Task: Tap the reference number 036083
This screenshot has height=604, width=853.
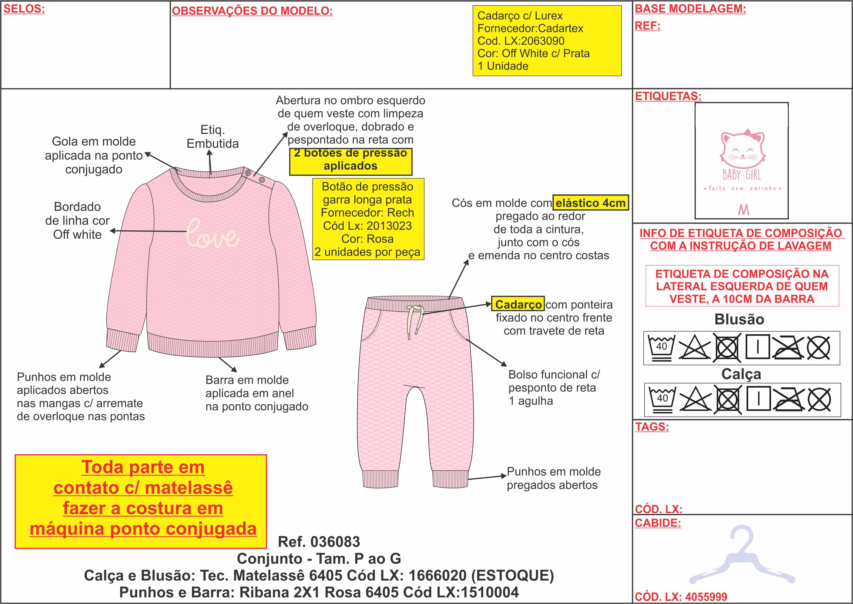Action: coord(319,542)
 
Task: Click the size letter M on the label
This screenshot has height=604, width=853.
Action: coord(743,210)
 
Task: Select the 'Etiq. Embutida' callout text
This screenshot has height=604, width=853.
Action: coord(213,137)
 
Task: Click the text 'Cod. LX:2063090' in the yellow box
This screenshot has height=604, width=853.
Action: coord(521,41)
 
